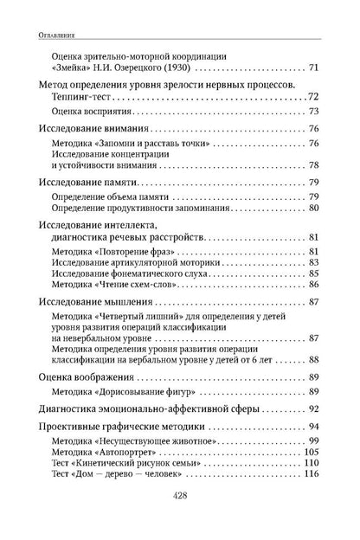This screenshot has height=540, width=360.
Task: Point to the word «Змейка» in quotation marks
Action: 73,67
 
